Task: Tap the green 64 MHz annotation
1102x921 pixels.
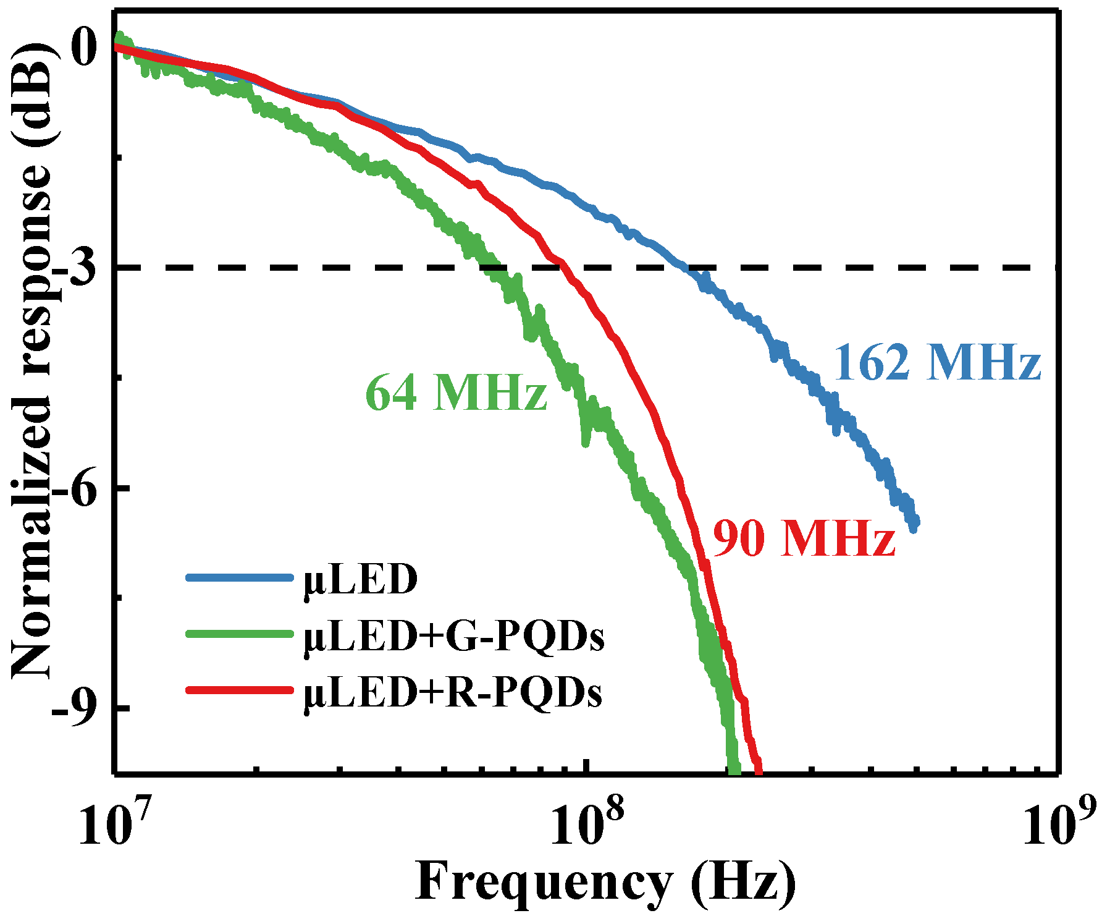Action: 456,393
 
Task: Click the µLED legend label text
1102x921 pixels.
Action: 361,580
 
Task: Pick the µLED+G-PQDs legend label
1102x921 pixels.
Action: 453,637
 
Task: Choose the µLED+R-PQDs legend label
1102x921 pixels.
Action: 452,692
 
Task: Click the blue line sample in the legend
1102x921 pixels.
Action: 238,578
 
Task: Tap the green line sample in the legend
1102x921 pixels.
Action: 238,634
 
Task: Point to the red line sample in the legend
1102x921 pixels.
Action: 238,689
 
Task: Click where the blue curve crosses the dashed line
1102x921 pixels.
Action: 687,268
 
